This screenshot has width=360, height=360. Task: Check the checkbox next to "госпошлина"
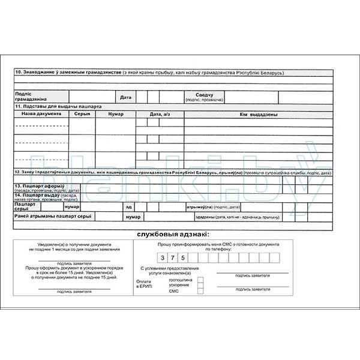[200, 280]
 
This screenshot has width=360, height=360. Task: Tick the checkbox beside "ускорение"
[200, 285]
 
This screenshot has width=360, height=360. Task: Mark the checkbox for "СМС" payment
[200, 291]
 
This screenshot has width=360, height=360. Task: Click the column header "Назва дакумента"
[41, 113]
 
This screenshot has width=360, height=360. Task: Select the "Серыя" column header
[82, 113]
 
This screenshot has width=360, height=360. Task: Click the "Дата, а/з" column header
[160, 113]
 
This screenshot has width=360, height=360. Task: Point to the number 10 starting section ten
[18, 73]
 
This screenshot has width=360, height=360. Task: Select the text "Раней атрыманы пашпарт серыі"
[53, 215]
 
